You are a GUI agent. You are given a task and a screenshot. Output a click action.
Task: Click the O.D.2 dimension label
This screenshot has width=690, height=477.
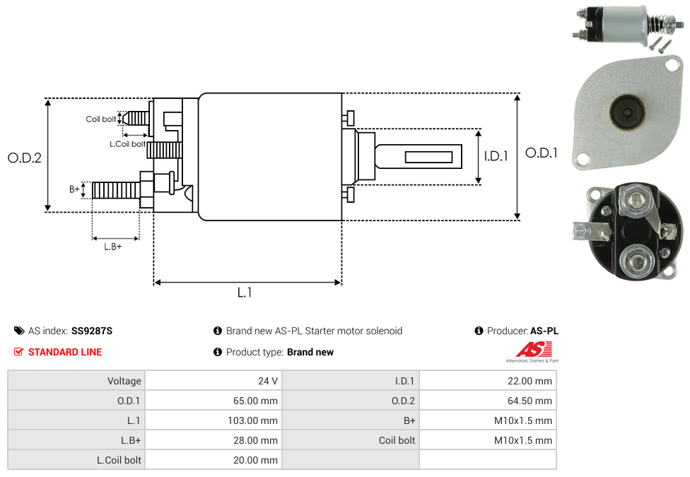(25, 158)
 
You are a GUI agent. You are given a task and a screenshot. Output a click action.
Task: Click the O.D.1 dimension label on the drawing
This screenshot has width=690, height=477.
(542, 153)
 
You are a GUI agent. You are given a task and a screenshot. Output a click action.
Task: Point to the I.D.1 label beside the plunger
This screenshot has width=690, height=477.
(496, 156)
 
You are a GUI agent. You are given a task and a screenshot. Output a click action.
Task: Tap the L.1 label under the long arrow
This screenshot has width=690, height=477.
(245, 293)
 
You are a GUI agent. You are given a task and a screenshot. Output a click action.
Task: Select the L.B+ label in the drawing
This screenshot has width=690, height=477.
(113, 247)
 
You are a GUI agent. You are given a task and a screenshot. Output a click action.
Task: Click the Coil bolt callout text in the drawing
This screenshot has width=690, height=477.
(101, 119)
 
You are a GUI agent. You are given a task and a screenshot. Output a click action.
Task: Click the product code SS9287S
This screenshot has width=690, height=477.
(92, 331)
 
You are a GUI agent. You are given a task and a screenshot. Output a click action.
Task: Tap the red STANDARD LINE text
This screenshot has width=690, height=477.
(65, 352)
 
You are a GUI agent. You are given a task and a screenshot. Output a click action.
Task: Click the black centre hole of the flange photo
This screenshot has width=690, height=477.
(626, 112)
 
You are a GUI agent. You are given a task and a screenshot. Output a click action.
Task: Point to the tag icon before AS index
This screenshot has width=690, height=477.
(19, 331)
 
